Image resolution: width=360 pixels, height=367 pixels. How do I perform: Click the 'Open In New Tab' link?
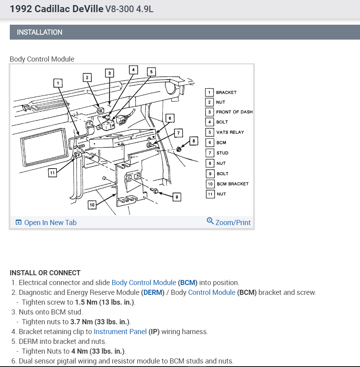(46, 223)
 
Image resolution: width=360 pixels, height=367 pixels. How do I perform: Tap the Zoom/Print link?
(229, 222)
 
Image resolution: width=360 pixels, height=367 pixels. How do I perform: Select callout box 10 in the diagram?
(92, 205)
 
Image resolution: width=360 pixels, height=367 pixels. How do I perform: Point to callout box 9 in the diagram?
(176, 197)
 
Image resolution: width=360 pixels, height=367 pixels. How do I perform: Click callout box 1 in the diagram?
(58, 83)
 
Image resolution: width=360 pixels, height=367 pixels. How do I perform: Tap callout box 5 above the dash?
(151, 72)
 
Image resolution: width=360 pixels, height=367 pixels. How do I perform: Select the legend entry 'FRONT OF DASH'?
(234, 112)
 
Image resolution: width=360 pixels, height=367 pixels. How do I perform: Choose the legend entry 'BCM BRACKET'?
(232, 184)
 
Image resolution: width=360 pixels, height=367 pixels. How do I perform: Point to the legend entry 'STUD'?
(222, 153)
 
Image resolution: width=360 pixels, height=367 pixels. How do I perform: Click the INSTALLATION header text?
(40, 32)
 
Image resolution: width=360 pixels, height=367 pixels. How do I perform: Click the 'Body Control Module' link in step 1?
(144, 283)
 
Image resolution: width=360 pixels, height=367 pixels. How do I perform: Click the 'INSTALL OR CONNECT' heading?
(45, 273)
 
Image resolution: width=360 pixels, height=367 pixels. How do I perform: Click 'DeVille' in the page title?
(88, 9)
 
